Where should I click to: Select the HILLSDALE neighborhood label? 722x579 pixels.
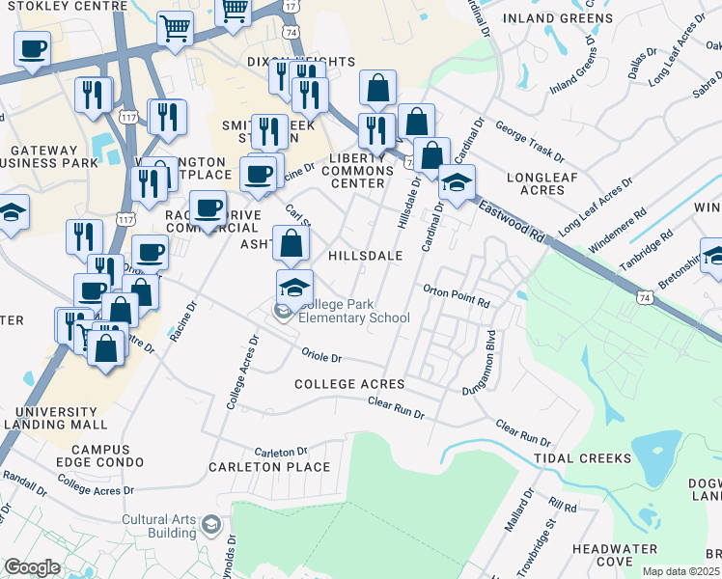(x=365, y=256)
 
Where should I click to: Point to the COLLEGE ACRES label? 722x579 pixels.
(x=349, y=384)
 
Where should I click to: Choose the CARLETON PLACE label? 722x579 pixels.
(x=269, y=467)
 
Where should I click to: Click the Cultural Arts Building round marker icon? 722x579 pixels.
(x=211, y=526)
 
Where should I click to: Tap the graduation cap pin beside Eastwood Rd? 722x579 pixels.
(x=458, y=180)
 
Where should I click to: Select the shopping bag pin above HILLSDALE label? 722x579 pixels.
(x=291, y=243)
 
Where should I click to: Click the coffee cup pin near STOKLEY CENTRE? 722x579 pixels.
(x=32, y=47)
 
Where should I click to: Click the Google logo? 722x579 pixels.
(x=32, y=566)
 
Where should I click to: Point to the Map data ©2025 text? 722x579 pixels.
(x=680, y=571)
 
